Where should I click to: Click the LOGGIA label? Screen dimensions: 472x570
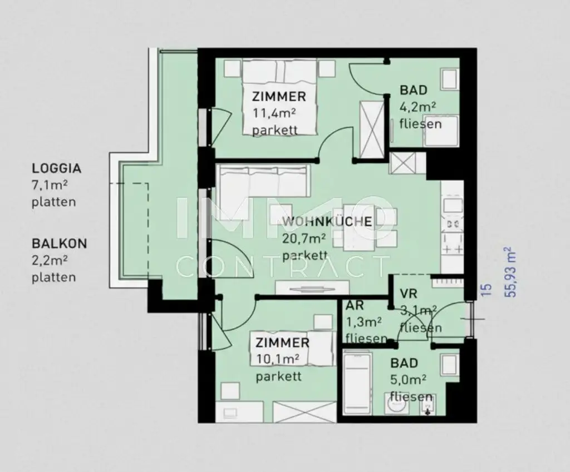[56, 168]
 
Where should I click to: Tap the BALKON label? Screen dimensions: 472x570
[59, 243]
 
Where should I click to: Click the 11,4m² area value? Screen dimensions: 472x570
[275, 113]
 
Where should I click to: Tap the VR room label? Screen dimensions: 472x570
[409, 294]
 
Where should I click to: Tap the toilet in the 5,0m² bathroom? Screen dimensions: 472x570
[396, 405]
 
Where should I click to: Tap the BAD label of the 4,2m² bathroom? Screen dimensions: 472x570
[414, 90]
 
